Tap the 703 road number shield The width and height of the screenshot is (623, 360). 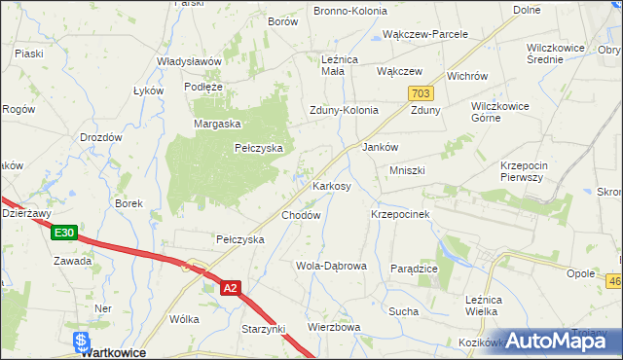421,92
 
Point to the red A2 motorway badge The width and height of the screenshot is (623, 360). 230,288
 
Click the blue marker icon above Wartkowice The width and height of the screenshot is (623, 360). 82,341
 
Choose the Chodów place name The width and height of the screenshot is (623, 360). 301,215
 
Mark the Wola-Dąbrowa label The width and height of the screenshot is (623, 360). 331,266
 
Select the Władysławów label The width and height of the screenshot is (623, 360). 190,60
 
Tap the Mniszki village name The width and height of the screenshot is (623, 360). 408,170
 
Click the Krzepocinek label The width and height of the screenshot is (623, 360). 401,213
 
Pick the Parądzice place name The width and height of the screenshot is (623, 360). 414,268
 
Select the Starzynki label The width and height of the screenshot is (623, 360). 263,331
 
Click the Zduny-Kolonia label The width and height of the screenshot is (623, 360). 344,110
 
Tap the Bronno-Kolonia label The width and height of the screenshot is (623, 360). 349,11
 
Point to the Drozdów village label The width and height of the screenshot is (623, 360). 100,137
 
